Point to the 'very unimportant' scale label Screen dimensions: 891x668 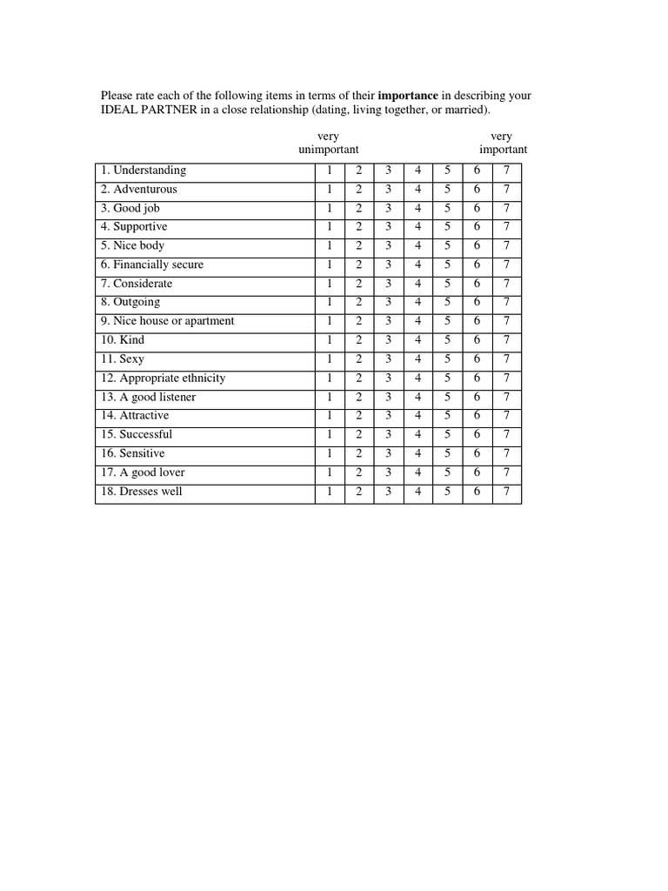pyautogui.click(x=328, y=144)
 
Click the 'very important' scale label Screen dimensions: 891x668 pyautogui.click(x=503, y=144)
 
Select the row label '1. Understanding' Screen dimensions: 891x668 pyautogui.click(x=144, y=171)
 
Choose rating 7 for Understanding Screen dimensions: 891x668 pyautogui.click(x=506, y=171)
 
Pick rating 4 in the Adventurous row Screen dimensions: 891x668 pyautogui.click(x=417, y=190)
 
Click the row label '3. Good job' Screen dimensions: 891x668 pyautogui.click(x=130, y=209)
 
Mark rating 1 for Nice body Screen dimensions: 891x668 pyautogui.click(x=330, y=246)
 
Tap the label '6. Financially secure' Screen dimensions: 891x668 pyautogui.click(x=152, y=265)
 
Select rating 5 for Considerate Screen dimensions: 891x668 pyautogui.click(x=447, y=284)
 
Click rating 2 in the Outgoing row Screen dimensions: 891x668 pyautogui.click(x=358, y=303)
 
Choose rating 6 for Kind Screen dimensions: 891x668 pyautogui.click(x=477, y=340)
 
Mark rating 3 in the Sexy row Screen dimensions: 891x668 pyautogui.click(x=388, y=359)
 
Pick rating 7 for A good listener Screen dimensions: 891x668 pyautogui.click(x=506, y=398)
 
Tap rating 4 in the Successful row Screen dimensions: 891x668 pyautogui.click(x=417, y=435)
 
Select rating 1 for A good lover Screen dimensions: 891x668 pyautogui.click(x=330, y=473)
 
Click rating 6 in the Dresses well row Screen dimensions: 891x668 pyautogui.click(x=477, y=492)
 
